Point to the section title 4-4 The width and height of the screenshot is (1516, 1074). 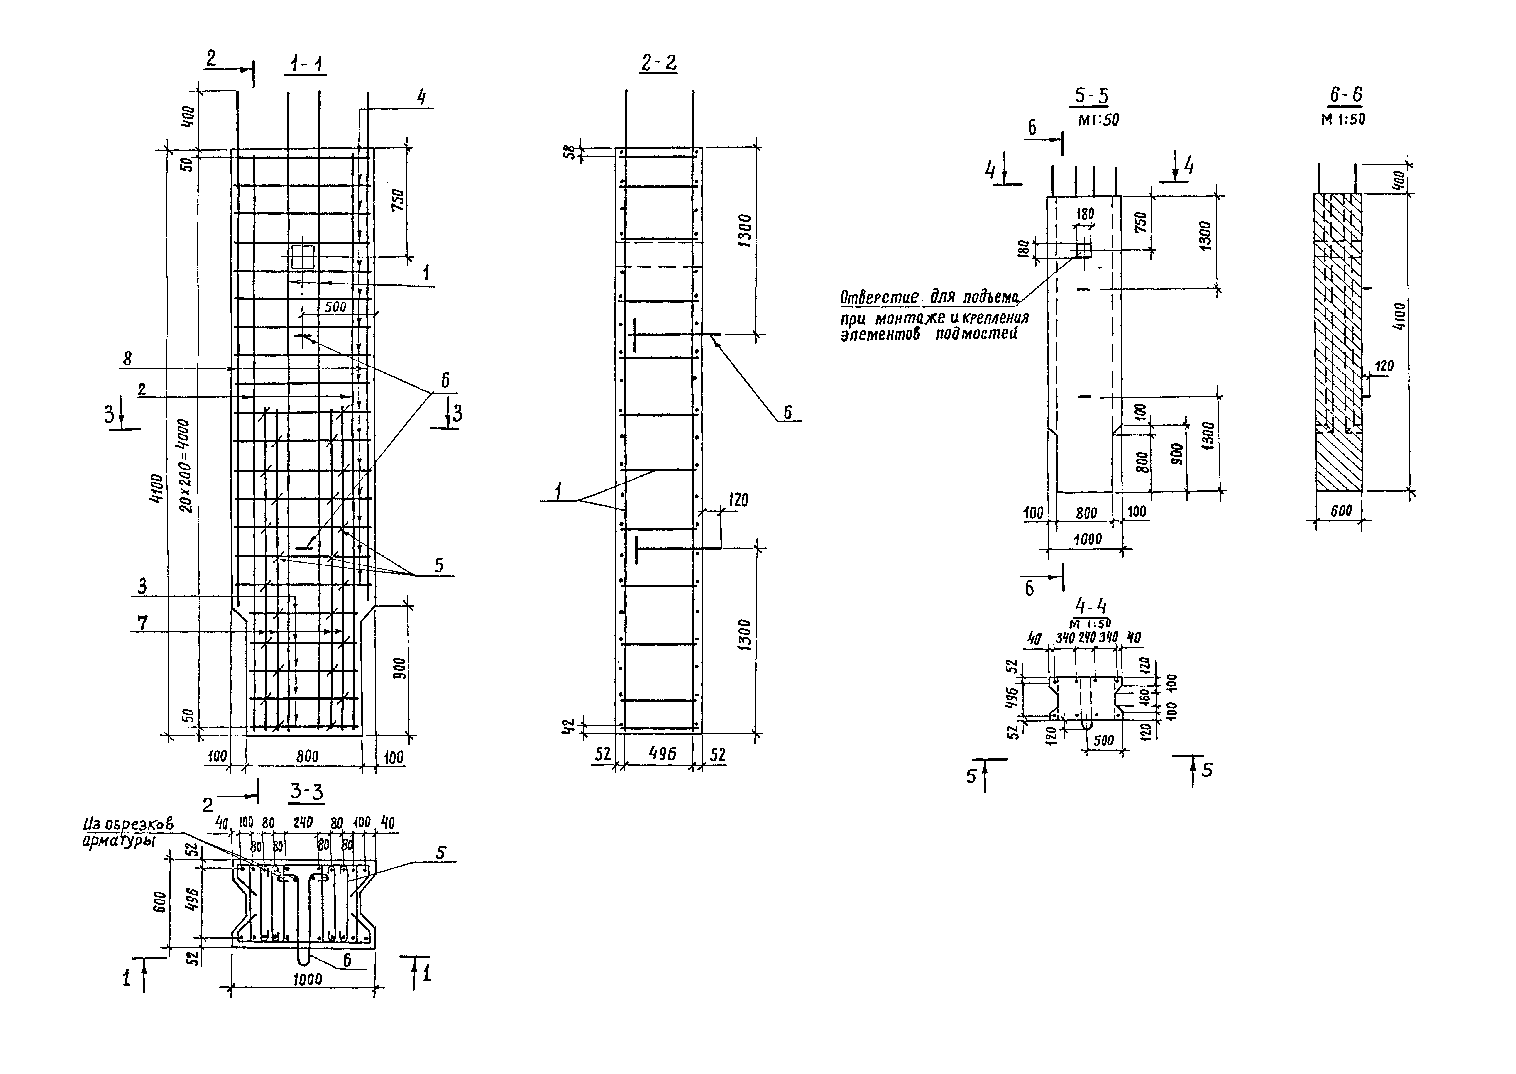pyautogui.click(x=1091, y=606)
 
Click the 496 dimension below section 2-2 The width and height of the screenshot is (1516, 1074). pyautogui.click(x=658, y=754)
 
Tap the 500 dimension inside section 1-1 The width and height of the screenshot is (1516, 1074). pyautogui.click(x=335, y=307)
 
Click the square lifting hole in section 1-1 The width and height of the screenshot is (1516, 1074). pyautogui.click(x=303, y=257)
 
